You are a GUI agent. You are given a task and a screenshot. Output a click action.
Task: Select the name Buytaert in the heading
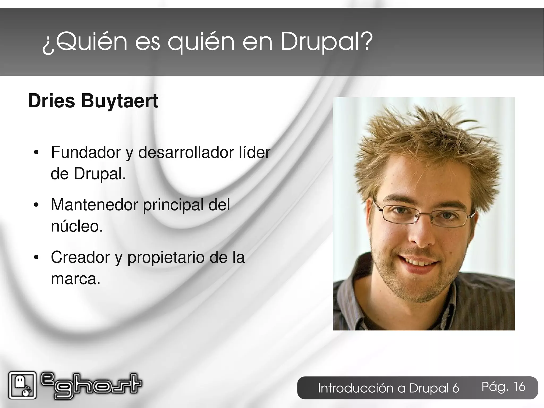[119, 101]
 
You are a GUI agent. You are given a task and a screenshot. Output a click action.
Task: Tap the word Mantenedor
[94, 205]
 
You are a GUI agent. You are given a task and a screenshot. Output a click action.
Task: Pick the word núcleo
[76, 226]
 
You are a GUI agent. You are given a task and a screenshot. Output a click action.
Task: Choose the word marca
[75, 279]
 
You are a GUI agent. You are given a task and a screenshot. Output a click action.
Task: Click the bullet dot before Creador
[36, 258]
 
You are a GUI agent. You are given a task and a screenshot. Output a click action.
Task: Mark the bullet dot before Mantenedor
[36, 205]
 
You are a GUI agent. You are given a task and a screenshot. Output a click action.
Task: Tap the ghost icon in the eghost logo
[22, 385]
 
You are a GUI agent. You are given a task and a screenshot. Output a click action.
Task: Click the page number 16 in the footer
[519, 387]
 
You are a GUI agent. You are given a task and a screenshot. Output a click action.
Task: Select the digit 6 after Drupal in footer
[456, 388]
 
